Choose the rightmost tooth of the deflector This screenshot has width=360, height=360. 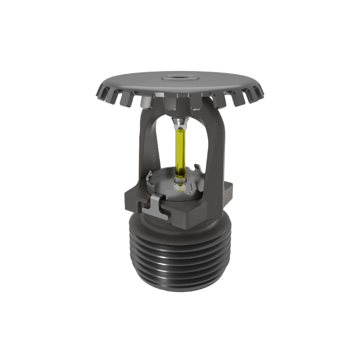point(260,93)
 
